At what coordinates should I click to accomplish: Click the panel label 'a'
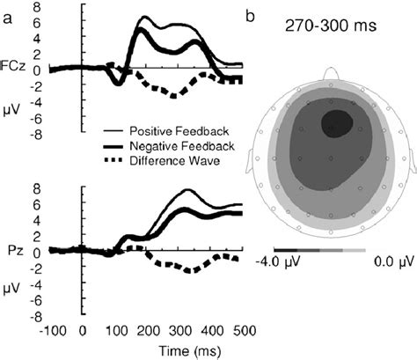[x=7, y=15]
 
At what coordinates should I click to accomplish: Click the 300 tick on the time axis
[x=284, y=329]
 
